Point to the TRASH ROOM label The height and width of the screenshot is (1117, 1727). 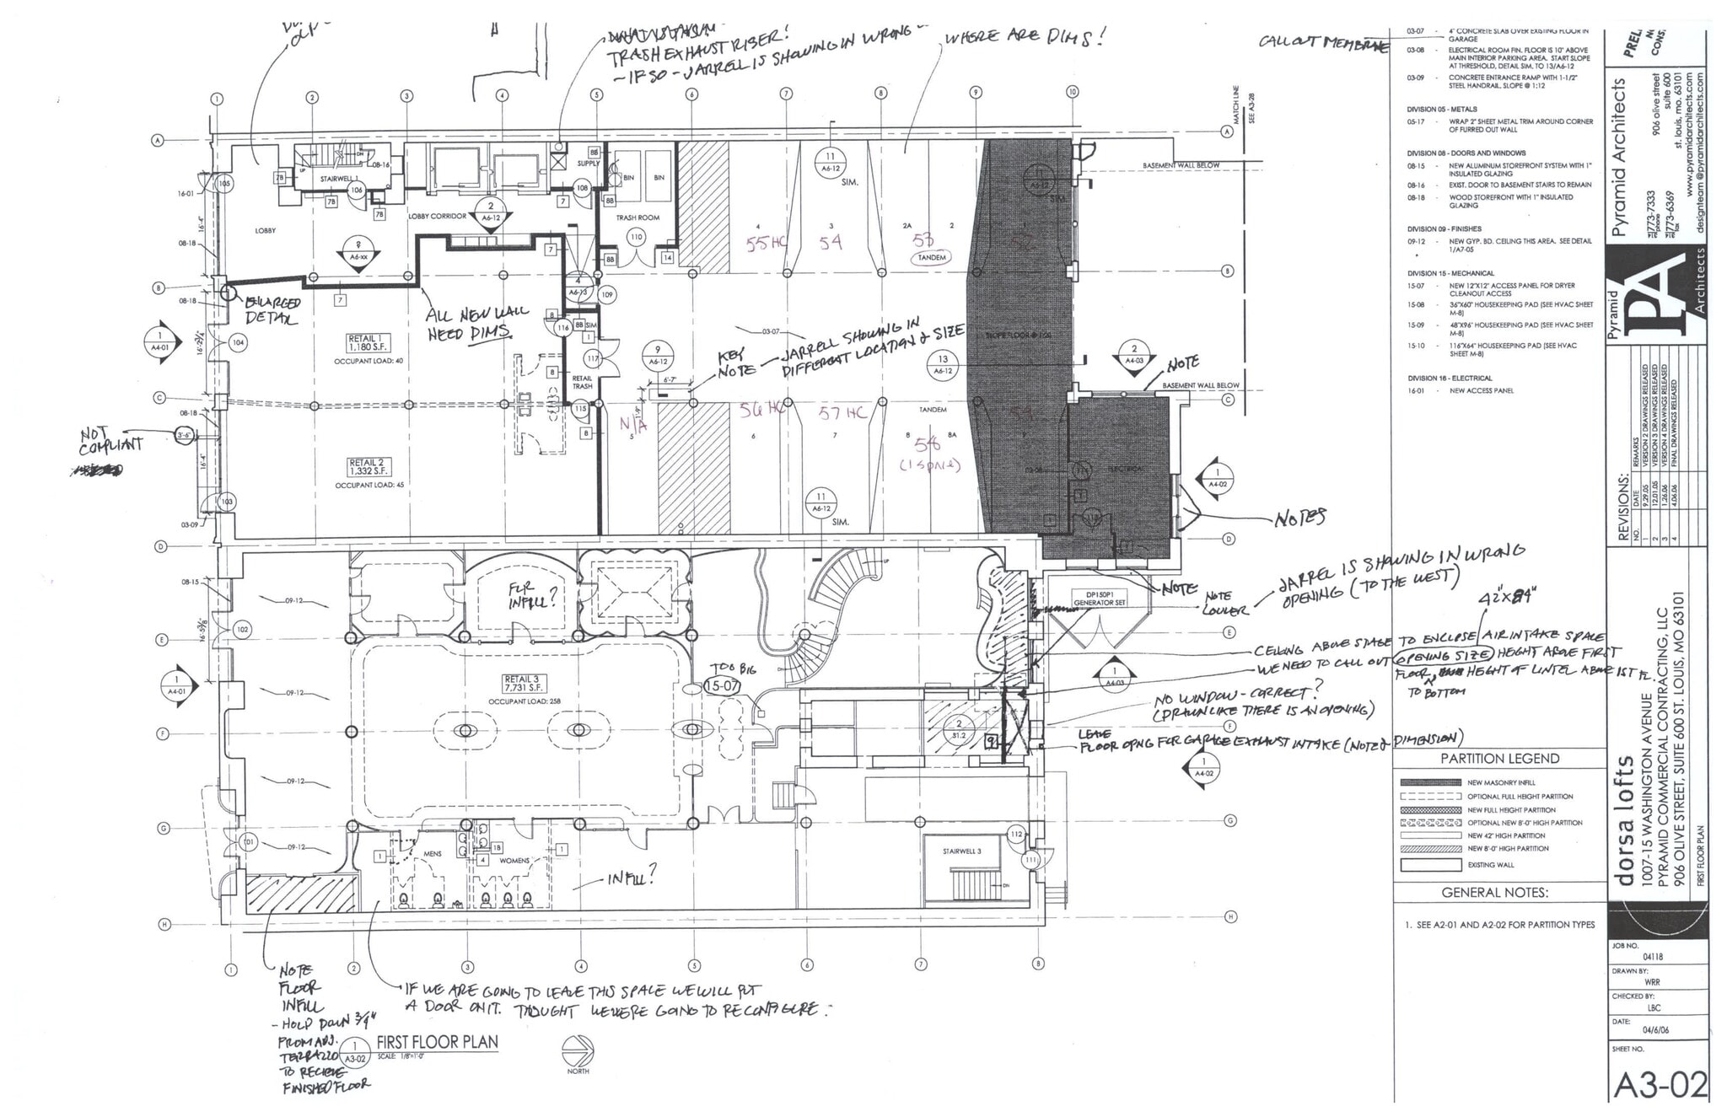(x=638, y=217)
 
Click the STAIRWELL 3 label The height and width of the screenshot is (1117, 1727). (x=962, y=851)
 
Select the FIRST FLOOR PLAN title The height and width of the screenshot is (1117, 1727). (x=437, y=1042)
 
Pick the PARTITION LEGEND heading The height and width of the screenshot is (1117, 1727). (x=1499, y=758)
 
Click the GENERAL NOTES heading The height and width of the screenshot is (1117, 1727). (x=1494, y=892)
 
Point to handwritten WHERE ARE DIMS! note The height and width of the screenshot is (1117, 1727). (x=1023, y=37)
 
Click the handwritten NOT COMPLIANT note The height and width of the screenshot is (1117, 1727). (x=111, y=440)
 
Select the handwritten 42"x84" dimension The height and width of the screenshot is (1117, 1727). (x=1508, y=599)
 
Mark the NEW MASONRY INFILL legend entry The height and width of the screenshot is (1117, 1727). (x=1501, y=782)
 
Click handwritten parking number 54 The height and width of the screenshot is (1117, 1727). (x=831, y=242)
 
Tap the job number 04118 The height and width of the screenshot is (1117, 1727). (x=1652, y=957)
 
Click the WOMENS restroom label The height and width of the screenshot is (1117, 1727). (x=514, y=861)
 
